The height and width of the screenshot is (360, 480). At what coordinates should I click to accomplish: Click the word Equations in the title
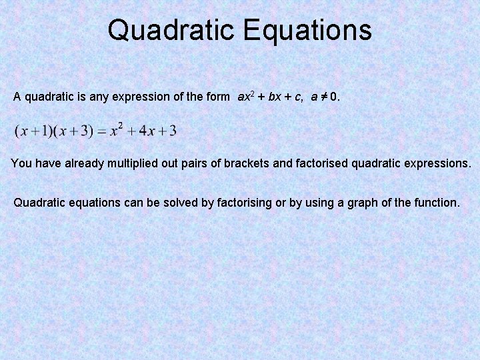tap(307, 30)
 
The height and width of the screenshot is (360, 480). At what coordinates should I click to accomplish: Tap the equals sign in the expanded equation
tap(102, 131)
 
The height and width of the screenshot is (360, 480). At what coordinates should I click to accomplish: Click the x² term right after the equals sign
tap(117, 130)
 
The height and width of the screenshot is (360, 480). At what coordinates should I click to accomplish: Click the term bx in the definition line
tap(274, 97)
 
